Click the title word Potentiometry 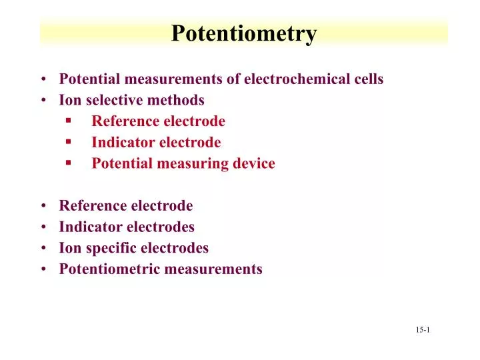[x=244, y=33]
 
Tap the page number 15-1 [x=423, y=330]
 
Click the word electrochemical [x=297, y=79]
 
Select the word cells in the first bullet [x=369, y=79]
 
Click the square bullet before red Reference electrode [x=69, y=121]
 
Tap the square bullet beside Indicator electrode [x=69, y=142]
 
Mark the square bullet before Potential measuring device [x=69, y=163]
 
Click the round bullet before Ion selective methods [x=43, y=101]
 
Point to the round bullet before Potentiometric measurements [x=43, y=270]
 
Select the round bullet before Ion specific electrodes [x=43, y=249]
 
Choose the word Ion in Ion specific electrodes [x=69, y=249]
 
